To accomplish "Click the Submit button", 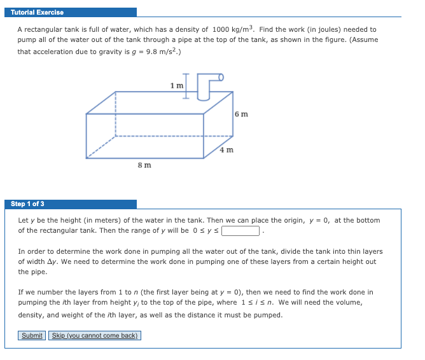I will [32, 335].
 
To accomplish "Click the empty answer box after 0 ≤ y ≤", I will [240, 231].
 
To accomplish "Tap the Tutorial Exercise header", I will [37, 12].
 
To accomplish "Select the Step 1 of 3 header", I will [28, 204].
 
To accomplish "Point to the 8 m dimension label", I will [144, 165].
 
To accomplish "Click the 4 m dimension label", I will [226, 150].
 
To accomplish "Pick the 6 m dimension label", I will [240, 114].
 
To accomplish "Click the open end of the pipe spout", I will [221, 78].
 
